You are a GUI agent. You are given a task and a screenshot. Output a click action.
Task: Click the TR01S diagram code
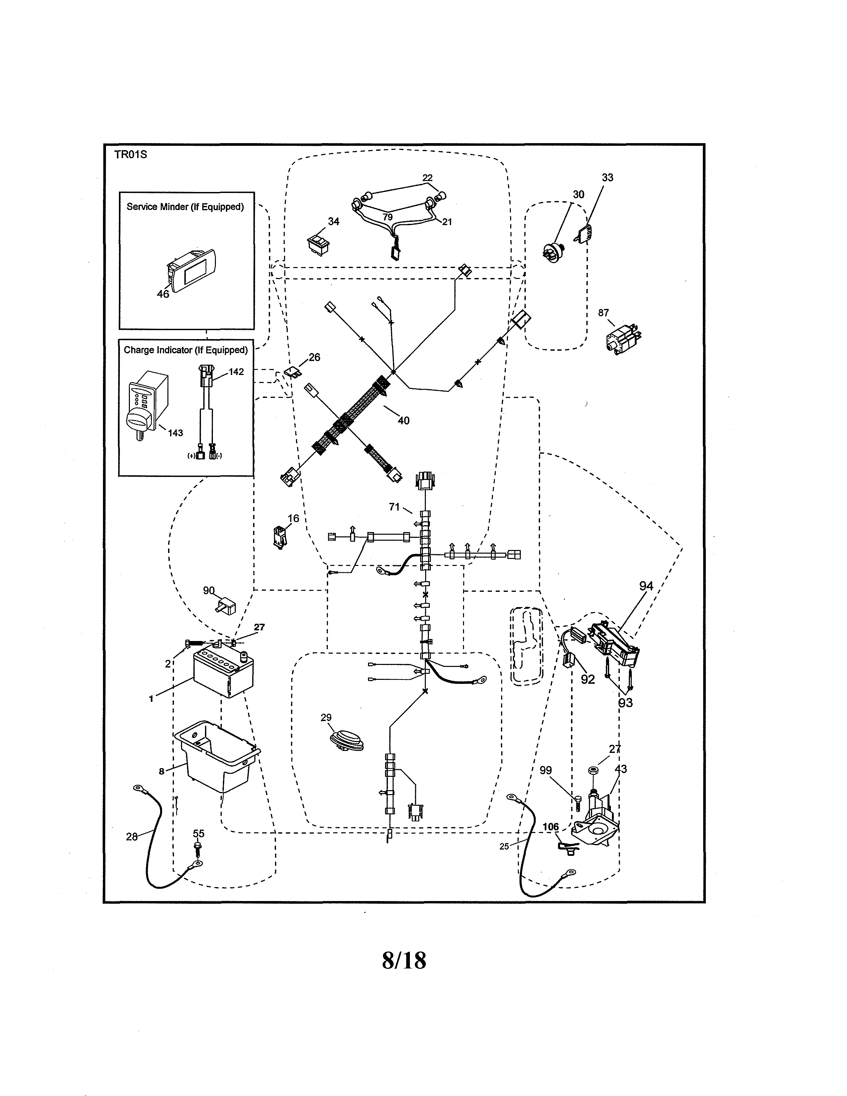(131, 154)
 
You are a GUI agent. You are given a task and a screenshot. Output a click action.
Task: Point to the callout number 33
(607, 178)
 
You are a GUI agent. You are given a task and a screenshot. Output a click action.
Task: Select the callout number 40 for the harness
(404, 420)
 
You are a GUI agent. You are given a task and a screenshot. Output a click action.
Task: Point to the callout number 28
(132, 837)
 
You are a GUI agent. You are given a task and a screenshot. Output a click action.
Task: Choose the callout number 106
(550, 827)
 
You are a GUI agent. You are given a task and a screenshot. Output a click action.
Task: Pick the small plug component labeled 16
(279, 536)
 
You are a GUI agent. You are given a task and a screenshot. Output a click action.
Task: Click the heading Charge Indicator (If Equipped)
(186, 350)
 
